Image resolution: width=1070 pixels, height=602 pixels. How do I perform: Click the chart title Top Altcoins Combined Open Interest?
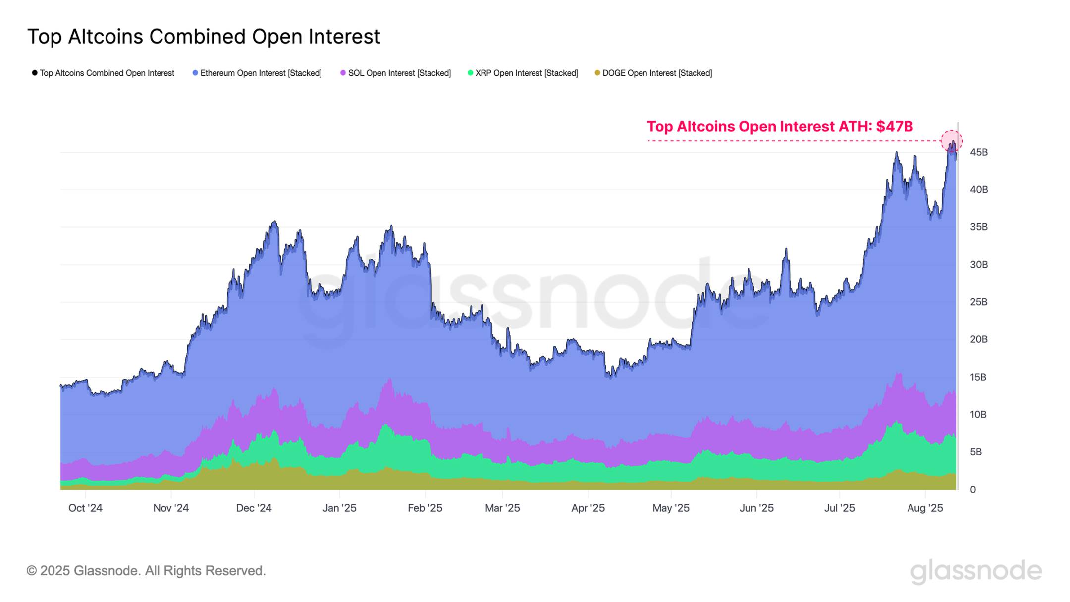point(204,37)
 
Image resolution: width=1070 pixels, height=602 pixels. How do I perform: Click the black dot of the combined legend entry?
point(35,73)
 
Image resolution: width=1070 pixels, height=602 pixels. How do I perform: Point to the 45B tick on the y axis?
point(978,152)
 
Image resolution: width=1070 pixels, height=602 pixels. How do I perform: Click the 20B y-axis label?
point(978,339)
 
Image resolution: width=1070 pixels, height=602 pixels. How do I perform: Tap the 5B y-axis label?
point(975,452)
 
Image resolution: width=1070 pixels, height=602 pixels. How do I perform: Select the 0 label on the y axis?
point(972,490)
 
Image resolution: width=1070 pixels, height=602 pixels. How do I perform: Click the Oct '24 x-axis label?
point(85,508)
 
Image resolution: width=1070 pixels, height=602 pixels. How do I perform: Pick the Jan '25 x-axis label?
point(339,508)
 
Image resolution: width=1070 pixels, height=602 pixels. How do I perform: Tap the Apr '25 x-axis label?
point(588,508)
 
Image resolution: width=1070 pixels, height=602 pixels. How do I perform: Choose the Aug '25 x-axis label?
point(925,508)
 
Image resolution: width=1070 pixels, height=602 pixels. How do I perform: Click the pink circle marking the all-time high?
point(951,141)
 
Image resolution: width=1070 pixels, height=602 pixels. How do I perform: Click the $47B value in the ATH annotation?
point(894,127)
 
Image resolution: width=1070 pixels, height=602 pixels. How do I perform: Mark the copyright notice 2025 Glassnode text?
point(146,571)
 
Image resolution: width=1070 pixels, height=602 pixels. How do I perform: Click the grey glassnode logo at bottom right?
point(976,571)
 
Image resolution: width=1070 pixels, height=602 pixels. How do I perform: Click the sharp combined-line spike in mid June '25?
point(786,249)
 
